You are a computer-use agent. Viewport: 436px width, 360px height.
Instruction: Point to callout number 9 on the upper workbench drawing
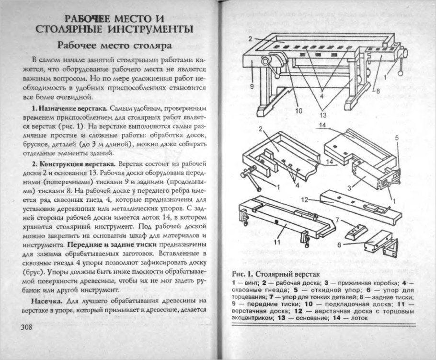pyautogui.click(x=251, y=86)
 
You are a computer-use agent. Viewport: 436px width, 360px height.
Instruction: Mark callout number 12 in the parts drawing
pyautogui.click(x=303, y=198)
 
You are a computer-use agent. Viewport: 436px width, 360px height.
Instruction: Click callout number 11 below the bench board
pyautogui.click(x=276, y=242)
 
